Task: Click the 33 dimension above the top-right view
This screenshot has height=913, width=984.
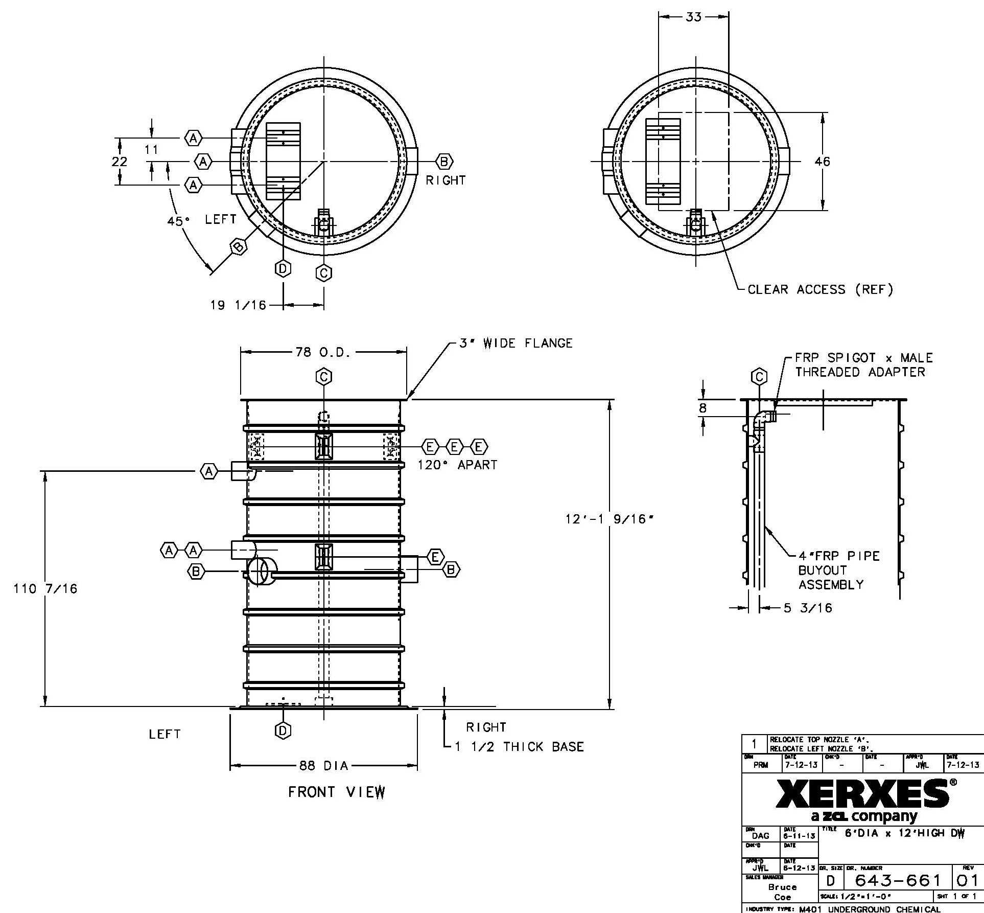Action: coord(693,17)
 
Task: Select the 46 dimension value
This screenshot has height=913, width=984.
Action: coord(822,162)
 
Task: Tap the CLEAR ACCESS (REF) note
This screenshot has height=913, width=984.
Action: coord(820,289)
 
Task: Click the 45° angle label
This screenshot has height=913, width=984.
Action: coord(178,221)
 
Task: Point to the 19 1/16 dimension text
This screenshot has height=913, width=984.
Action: coord(238,305)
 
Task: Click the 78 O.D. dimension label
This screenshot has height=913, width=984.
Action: coord(323,352)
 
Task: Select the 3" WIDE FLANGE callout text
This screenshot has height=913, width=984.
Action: coord(516,343)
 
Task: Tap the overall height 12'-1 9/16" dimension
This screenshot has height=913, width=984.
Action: coord(609,519)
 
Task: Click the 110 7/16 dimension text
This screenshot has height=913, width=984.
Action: coord(45,588)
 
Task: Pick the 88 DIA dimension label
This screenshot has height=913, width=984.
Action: coord(323,766)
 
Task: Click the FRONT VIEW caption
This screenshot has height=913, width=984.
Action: coord(337,792)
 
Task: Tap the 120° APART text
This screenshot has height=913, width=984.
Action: coord(457,465)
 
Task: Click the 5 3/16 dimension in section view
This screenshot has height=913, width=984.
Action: coord(808,608)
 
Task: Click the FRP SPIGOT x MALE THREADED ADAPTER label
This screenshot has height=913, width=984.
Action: coord(863,365)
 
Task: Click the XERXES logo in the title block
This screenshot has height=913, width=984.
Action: coord(863,794)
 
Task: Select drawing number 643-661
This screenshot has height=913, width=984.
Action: coord(898,880)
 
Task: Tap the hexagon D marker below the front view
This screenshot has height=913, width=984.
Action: coord(283,731)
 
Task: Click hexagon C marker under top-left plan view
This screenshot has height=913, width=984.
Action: coord(323,273)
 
